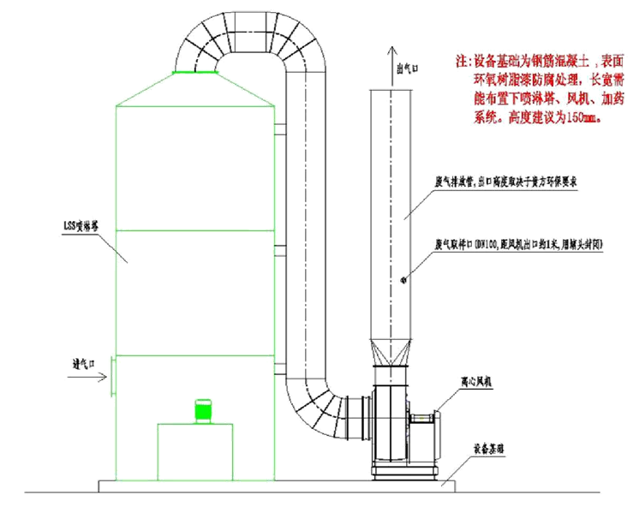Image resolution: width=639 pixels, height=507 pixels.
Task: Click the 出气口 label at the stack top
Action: pos(404,69)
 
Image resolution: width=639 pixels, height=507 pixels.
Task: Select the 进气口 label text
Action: pos(84,362)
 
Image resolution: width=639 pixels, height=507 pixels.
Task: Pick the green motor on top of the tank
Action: pos(203,410)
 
